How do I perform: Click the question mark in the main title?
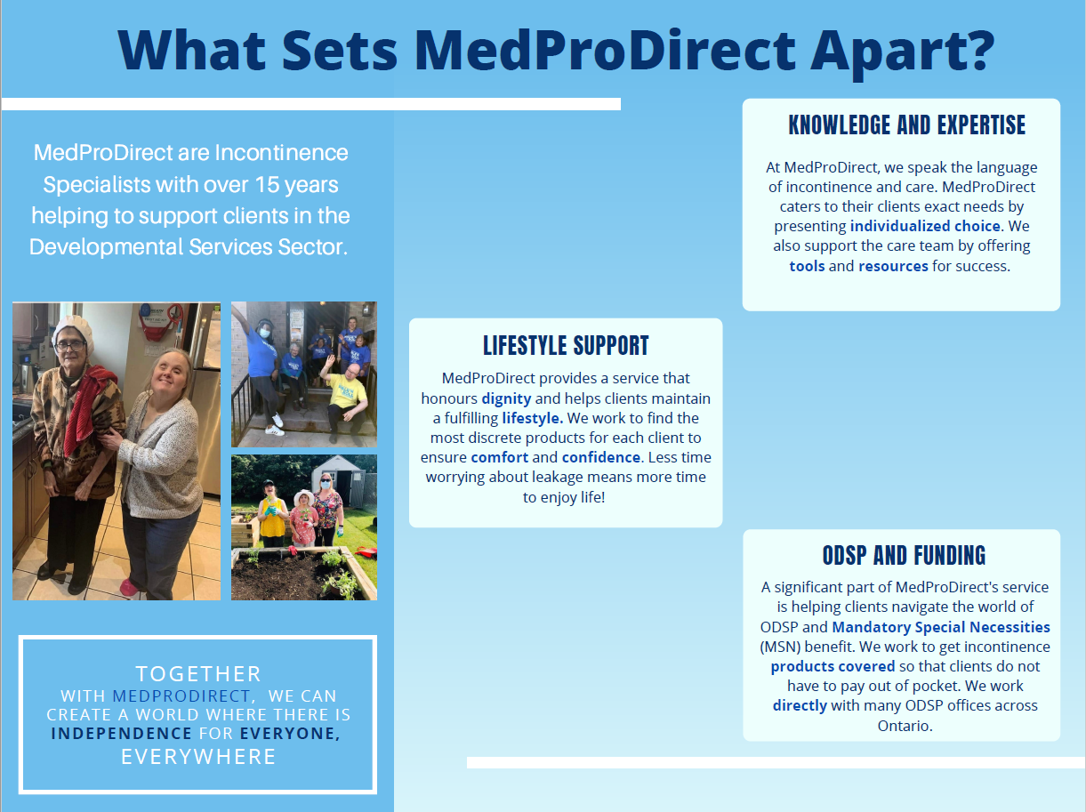979,50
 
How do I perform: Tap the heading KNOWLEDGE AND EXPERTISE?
906,125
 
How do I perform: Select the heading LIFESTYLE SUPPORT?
566,346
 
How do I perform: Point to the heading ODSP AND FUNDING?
904,555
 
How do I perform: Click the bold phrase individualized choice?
925,226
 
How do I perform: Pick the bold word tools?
807,266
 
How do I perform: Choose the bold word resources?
893,266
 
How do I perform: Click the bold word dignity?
506,398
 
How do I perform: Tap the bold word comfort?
499,457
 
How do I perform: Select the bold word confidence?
601,457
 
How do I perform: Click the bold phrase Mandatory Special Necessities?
940,627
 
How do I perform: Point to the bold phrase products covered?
833,667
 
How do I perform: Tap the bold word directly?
800,705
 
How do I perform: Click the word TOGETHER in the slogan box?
198,673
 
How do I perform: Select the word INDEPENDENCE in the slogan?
122,734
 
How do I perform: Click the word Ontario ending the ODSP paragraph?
904,726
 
